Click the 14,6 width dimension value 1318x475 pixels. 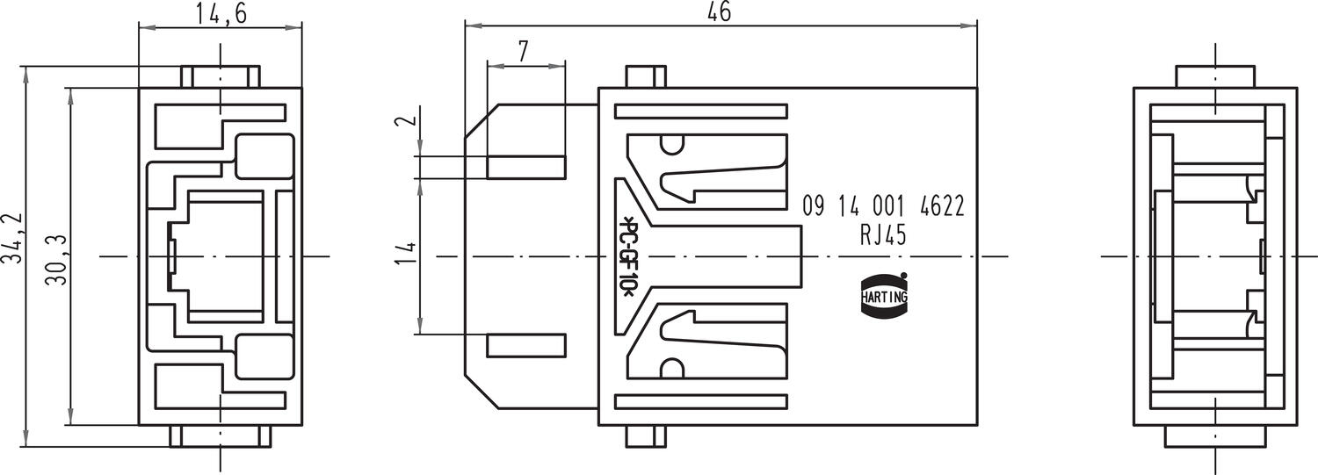click(220, 14)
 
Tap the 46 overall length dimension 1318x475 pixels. click(718, 11)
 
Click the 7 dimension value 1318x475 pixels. click(524, 51)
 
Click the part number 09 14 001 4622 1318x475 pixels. click(883, 207)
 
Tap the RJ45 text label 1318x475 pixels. click(883, 235)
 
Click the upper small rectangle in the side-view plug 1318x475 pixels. click(525, 168)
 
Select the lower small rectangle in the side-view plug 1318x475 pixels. click(525, 345)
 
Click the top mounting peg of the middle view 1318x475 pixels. click(644, 77)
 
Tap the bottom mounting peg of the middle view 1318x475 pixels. click(644, 435)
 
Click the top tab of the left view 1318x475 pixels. click(221, 76)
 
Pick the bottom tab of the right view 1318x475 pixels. click(1215, 436)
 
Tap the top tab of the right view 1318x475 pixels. click(1215, 76)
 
